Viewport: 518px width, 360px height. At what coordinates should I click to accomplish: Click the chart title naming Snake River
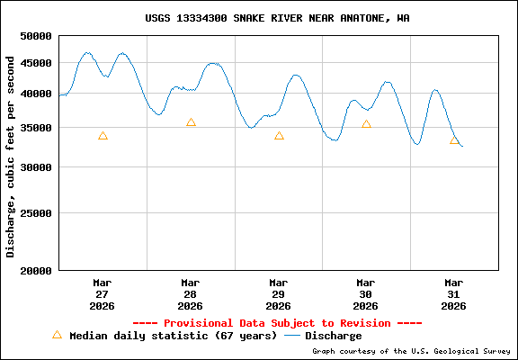[x=277, y=18]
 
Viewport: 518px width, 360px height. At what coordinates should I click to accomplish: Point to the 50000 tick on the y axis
[x=36, y=36]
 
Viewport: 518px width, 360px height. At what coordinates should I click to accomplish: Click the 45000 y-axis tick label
[x=36, y=63]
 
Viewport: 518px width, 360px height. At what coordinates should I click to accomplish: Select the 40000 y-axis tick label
[x=36, y=94]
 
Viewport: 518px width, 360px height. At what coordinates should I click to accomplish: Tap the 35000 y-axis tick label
[x=36, y=128]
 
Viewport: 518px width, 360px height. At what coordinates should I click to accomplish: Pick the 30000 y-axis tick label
[x=36, y=167]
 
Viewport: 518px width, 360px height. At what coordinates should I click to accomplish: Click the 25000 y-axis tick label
[x=36, y=214]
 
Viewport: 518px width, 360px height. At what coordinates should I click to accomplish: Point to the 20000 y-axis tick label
[x=36, y=271]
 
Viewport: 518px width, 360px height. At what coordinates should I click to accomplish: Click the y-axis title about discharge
[x=11, y=156]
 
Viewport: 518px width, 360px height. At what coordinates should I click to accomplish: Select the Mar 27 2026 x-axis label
[x=102, y=294]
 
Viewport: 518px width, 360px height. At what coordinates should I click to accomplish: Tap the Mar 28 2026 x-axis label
[x=190, y=294]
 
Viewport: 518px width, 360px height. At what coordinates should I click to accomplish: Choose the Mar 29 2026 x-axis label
[x=278, y=294]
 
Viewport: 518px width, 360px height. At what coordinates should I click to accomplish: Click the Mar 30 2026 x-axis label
[x=366, y=294]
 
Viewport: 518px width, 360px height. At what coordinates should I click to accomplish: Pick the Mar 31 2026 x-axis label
[x=454, y=294]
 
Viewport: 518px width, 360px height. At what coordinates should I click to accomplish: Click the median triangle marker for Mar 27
[x=103, y=136]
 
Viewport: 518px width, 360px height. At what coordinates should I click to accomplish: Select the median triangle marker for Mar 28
[x=191, y=122]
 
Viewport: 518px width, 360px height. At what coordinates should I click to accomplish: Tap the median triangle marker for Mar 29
[x=279, y=136]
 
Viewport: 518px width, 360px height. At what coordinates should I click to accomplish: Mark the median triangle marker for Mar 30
[x=366, y=124]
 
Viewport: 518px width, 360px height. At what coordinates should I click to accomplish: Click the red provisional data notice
[x=277, y=323]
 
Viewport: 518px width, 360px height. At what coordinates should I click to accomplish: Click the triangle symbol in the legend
[x=57, y=335]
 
